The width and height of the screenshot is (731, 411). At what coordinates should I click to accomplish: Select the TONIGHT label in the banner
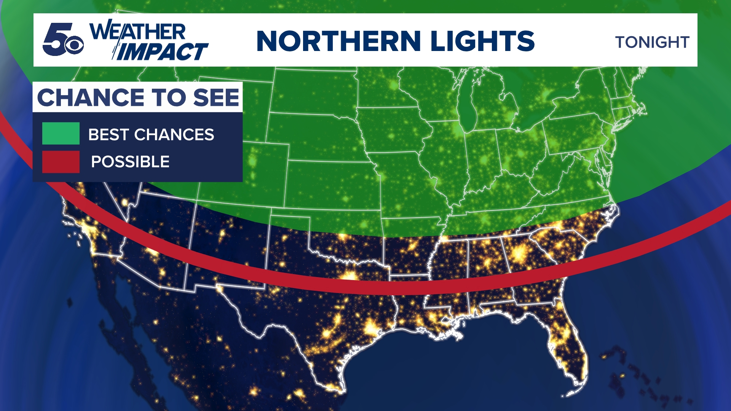point(652,42)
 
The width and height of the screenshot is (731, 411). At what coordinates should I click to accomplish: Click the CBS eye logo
point(74,45)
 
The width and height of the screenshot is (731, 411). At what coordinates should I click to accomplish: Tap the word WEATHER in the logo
point(137,31)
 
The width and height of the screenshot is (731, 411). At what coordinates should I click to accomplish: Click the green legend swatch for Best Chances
point(61,134)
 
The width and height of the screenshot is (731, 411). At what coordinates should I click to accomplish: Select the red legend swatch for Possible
point(61,162)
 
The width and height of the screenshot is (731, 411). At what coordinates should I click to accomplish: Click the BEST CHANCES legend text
point(151,135)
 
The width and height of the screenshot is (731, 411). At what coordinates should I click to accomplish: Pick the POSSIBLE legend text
point(130,162)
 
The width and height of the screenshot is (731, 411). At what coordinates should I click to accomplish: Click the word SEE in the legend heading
point(216,97)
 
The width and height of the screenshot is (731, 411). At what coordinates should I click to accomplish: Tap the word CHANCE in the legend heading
point(91,97)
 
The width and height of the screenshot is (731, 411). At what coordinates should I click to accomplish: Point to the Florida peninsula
point(567,342)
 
